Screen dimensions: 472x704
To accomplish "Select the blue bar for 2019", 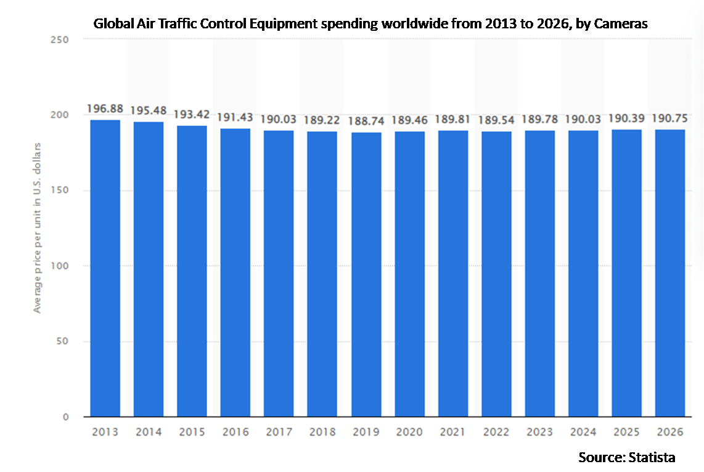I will [366, 274].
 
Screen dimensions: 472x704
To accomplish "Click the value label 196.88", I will [105, 108].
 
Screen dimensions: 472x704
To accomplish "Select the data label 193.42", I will [192, 114].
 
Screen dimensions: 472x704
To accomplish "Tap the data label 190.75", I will [670, 118].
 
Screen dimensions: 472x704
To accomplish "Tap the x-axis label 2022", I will [496, 432].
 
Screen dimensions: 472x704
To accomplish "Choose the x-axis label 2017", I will [279, 432].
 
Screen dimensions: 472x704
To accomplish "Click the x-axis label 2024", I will [583, 432].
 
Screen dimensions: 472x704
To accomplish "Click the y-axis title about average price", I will [38, 228].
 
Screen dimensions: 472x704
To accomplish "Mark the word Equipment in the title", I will [274, 25].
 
